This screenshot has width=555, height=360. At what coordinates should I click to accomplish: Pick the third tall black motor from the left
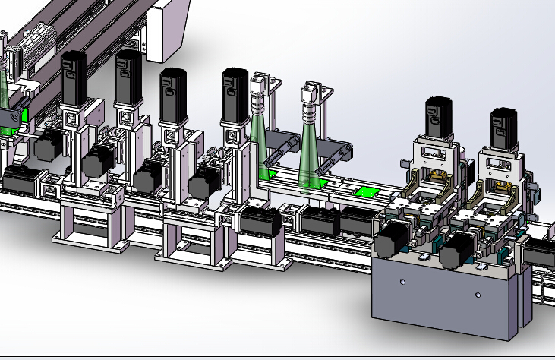coord(173,93)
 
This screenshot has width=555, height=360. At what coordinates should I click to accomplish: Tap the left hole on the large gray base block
coord(402,283)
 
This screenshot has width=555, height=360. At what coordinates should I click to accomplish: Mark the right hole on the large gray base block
coord(478,294)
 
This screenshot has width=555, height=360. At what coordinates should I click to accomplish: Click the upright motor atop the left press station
coord(438,118)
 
